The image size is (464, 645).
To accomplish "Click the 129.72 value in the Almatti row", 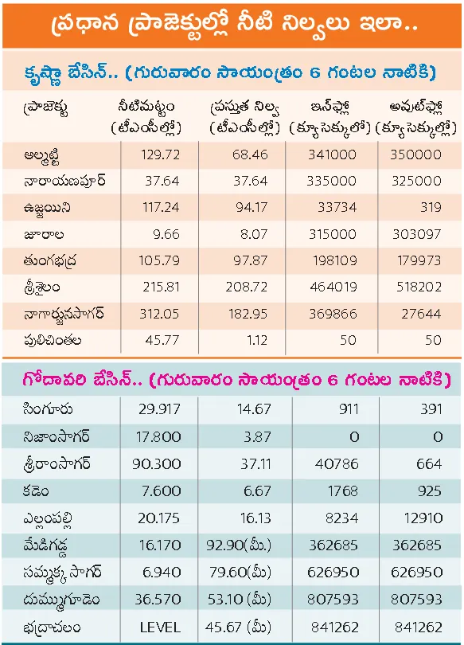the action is click(160, 154).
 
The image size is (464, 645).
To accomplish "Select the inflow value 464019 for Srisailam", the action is click(333, 287).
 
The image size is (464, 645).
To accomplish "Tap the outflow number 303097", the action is click(417, 234).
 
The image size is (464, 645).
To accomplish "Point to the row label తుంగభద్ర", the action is click(49, 261).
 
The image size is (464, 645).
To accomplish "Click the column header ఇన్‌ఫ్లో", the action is click(330, 107).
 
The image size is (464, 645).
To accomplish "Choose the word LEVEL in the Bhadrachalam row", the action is click(160, 627).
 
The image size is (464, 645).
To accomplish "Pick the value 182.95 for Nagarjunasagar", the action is click(248, 314).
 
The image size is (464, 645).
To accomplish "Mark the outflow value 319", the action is click(431, 207).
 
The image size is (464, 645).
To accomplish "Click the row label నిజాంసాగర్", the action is click(57, 436).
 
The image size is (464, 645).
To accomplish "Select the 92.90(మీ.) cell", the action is click(239, 545).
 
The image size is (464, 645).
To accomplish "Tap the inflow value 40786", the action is click(337, 464).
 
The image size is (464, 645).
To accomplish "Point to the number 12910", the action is click(423, 518).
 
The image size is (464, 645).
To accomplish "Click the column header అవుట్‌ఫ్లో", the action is click(415, 107).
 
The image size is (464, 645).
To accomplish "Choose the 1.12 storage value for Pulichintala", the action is click(257, 340).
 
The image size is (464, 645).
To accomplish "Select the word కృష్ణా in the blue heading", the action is click(44, 73).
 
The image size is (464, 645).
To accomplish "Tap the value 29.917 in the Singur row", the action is click(159, 409).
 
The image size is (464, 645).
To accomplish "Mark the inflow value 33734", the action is click(337, 207).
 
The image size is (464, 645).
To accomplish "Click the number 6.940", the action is click(162, 573).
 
